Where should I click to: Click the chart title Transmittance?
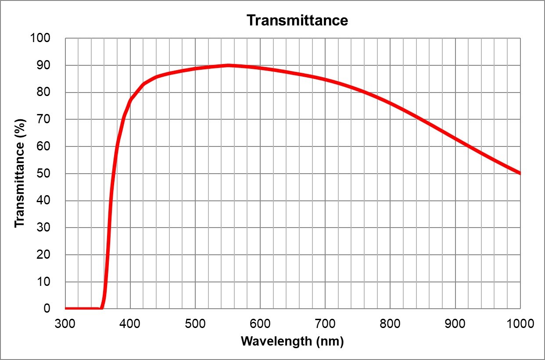(297, 20)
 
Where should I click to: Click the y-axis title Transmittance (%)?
(20, 174)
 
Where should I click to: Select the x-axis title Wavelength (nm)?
(292, 341)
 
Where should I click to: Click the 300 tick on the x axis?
(65, 324)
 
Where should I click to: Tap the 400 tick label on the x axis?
(130, 324)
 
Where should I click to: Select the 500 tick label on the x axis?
(195, 324)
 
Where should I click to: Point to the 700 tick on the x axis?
(325, 324)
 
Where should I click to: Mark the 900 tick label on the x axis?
(455, 324)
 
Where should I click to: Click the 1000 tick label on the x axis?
(520, 324)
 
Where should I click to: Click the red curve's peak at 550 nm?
(228, 65)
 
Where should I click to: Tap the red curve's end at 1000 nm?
(520, 173)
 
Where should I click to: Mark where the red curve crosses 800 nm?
(390, 103)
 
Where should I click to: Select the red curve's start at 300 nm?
(65, 308)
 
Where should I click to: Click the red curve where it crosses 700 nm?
(325, 79)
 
